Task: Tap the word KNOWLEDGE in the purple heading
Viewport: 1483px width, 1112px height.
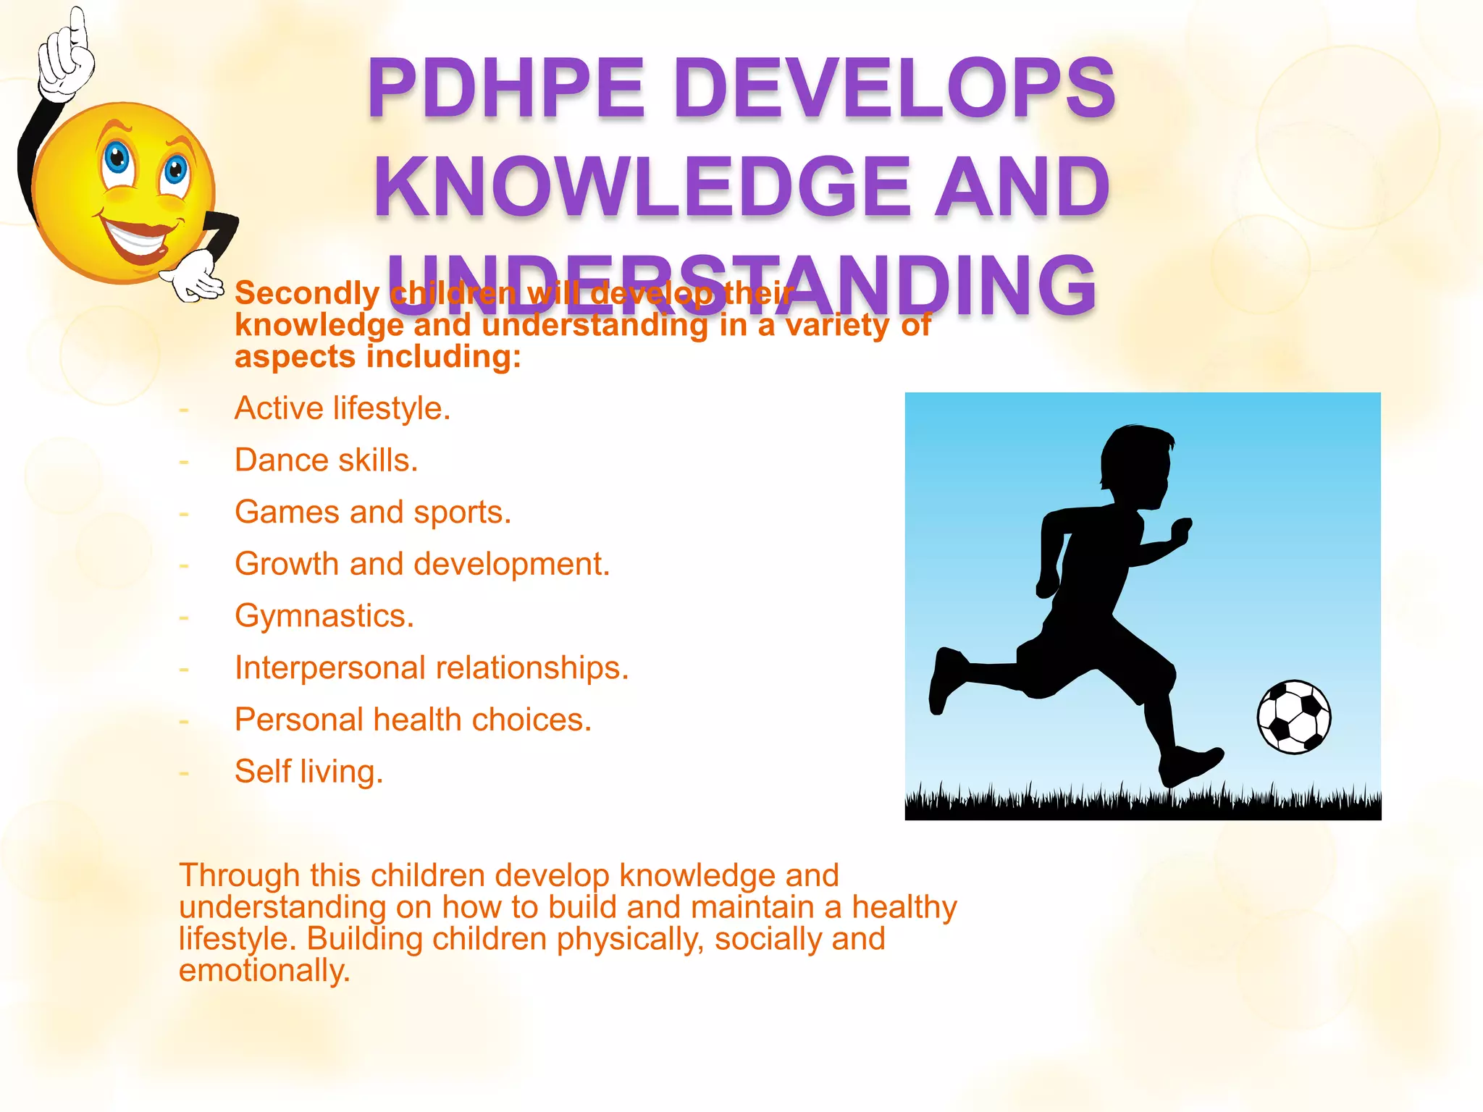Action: point(642,187)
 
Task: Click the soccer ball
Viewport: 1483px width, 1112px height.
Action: point(1294,717)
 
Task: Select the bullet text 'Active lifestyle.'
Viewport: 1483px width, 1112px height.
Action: point(343,408)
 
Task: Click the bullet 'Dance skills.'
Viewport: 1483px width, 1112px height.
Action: point(327,460)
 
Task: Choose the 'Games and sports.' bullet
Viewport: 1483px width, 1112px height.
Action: point(373,513)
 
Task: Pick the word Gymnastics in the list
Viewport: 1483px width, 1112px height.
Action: point(322,616)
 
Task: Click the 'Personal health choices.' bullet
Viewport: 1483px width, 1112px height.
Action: point(413,720)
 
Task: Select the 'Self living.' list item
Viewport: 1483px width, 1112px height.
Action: point(308,772)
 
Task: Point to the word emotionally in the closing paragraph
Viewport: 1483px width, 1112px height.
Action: point(264,971)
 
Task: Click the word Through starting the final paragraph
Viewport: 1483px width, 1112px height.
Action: point(239,875)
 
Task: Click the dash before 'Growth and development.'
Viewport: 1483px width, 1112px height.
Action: point(184,565)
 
